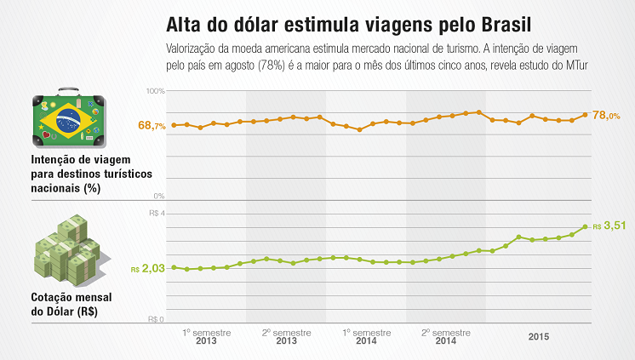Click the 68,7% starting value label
click(x=152, y=126)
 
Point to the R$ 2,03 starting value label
click(x=148, y=269)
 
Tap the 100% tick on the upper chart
click(x=155, y=90)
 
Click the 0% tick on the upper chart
click(x=158, y=196)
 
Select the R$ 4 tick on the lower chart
click(x=157, y=214)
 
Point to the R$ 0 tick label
click(x=157, y=320)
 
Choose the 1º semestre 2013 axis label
click(x=205, y=334)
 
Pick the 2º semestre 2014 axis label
click(x=444, y=334)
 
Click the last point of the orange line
click(x=586, y=114)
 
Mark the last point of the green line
click(x=586, y=226)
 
